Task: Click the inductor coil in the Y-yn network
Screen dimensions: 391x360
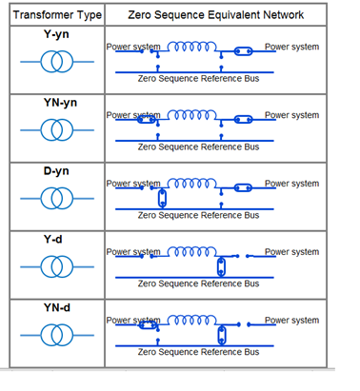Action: [191, 48]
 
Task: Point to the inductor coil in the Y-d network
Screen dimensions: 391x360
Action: [191, 253]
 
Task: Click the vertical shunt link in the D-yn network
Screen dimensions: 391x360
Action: [162, 197]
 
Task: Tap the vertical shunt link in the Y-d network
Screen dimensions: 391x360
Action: [222, 265]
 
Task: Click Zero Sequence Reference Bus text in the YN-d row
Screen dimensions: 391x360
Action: [198, 352]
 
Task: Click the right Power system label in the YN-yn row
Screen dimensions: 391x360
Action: [291, 115]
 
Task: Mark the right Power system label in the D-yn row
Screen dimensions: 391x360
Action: [291, 184]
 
